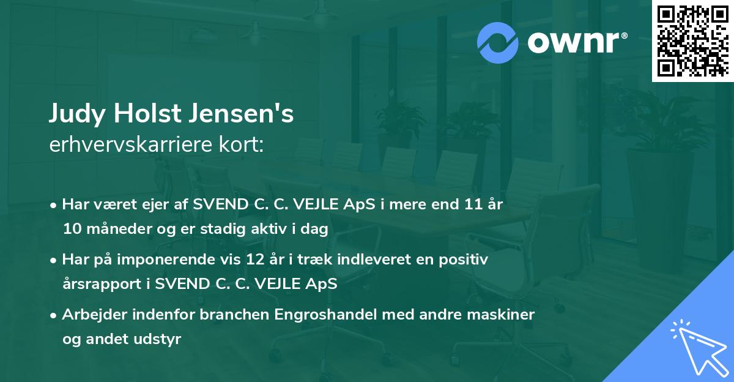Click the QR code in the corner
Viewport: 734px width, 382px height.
(x=692, y=41)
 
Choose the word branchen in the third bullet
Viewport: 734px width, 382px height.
(x=232, y=315)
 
